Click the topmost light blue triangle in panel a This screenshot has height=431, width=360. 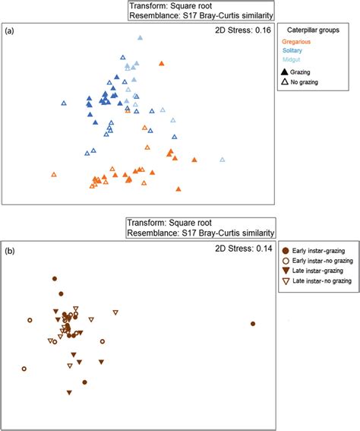coord(141,38)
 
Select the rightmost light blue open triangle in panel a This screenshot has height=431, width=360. coord(223,160)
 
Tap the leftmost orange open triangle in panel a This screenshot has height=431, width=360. coord(54,174)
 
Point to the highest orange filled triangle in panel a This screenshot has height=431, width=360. coord(161,64)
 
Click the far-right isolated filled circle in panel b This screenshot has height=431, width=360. coord(253,324)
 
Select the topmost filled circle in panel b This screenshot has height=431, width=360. coord(54,280)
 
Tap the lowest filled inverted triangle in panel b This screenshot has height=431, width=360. coord(69,392)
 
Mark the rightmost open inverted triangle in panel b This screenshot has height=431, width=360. coord(116,312)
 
